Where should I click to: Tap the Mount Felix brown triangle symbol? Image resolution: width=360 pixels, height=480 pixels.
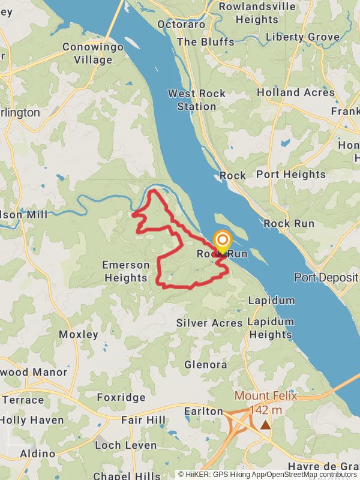(x=265, y=425)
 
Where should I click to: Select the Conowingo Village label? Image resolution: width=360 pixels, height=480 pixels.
(x=93, y=53)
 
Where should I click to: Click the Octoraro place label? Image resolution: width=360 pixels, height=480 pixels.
(x=181, y=24)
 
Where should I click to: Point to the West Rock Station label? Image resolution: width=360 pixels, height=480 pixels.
(x=197, y=100)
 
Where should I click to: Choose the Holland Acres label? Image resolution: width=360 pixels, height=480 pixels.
(x=296, y=92)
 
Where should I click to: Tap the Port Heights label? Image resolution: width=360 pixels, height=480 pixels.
(x=291, y=175)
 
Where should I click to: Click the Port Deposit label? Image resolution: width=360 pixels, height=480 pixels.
(x=326, y=277)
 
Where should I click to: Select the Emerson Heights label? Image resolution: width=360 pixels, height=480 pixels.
(x=125, y=271)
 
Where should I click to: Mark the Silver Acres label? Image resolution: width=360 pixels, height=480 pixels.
(x=209, y=323)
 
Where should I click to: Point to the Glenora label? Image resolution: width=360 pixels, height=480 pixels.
(x=206, y=365)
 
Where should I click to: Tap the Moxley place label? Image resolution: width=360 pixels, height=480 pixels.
(x=79, y=334)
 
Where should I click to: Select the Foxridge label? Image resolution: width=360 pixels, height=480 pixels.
(x=121, y=397)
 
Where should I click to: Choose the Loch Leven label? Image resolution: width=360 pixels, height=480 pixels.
(x=125, y=446)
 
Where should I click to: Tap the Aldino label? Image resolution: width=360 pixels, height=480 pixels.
(x=38, y=454)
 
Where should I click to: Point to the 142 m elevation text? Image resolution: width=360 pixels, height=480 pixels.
(x=265, y=410)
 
